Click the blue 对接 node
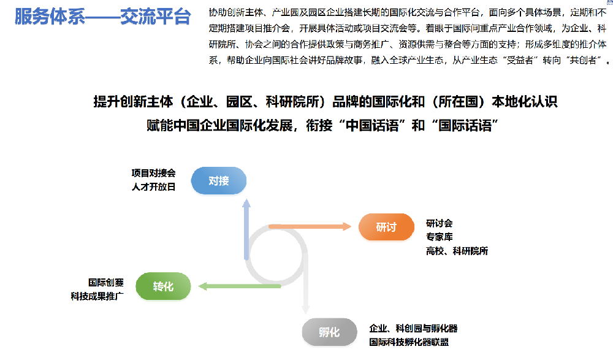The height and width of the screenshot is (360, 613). tap(218, 180)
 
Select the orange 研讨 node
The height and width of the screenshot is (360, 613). tap(386, 227)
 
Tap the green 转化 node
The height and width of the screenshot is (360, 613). tap(163, 286)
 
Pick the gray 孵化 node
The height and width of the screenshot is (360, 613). tap(329, 332)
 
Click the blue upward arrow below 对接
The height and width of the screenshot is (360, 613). tap(246, 230)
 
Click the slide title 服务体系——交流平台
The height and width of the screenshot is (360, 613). tap(102, 17)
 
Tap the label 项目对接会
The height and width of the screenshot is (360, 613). tap(153, 173)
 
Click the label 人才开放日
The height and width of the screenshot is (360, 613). tap(153, 187)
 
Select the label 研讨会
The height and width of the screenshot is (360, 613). tap(439, 224)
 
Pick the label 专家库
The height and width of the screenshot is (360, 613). tap(439, 237)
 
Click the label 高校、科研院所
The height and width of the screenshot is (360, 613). tap(457, 251)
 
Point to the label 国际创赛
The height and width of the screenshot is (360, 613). tap(105, 283)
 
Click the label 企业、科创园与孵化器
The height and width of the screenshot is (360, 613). tap(413, 328)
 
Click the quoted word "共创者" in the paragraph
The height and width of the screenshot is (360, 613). tap(582, 60)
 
